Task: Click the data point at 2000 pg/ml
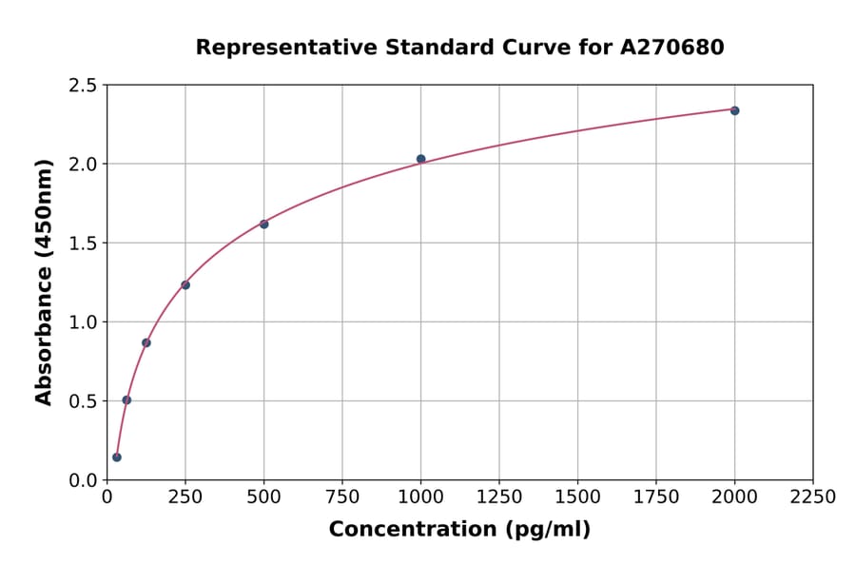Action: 734,110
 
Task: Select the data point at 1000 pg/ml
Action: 420,159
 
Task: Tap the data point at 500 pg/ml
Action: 263,224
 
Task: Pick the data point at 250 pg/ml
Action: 185,284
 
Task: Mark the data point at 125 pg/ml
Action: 146,342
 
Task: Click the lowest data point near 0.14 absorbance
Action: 117,458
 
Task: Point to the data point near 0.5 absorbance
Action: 126,399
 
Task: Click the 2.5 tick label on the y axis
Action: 83,86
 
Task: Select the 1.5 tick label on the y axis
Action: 83,244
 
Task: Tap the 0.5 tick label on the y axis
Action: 83,401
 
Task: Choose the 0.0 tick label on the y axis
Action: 83,480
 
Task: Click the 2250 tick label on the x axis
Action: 812,497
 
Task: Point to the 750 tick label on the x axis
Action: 341,497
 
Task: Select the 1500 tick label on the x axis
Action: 577,497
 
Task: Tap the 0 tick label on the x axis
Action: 107,497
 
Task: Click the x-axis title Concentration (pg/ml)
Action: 459,530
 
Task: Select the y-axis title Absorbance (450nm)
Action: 44,282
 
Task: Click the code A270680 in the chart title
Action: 672,48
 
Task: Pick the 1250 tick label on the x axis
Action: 498,497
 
